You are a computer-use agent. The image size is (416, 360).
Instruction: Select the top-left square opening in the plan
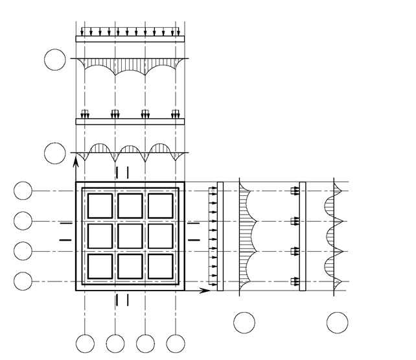point(100,206)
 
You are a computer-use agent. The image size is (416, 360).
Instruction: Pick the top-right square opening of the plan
point(160,206)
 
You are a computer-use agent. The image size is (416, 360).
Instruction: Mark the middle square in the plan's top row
point(130,206)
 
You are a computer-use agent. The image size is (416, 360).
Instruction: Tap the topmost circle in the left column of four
point(23,191)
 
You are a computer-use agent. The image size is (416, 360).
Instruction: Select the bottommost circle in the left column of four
point(23,281)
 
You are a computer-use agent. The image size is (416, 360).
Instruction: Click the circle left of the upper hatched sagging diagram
point(54,60)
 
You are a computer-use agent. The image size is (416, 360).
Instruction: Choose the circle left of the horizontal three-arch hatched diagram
point(54,154)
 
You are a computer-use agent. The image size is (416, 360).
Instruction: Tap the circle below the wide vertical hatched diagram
point(244,322)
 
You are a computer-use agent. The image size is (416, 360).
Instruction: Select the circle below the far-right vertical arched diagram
point(337,322)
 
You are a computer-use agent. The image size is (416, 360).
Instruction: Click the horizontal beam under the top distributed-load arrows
point(130,39)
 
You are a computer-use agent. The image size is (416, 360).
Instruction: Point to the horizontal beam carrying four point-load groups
point(130,121)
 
